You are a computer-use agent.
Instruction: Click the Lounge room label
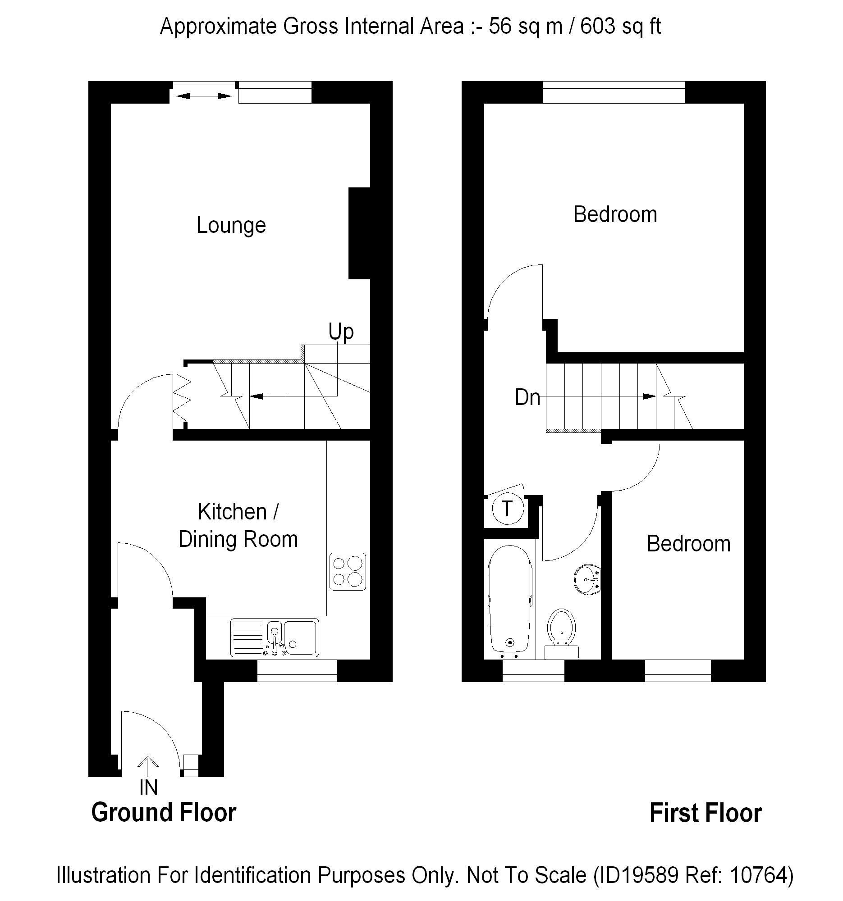[x=231, y=226]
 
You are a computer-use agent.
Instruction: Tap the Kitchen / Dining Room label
[x=238, y=525]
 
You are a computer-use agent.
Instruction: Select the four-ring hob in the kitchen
[x=348, y=572]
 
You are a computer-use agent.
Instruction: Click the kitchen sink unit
[x=275, y=637]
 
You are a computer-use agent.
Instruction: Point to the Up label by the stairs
[x=341, y=332]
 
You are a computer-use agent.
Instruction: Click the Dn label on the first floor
[x=527, y=397]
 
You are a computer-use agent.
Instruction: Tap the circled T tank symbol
[x=508, y=509]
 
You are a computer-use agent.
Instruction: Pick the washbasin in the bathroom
[x=587, y=580]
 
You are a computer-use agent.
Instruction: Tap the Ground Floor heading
[x=164, y=813]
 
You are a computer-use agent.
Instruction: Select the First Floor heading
[x=706, y=813]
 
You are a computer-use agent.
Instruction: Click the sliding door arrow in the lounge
[x=204, y=96]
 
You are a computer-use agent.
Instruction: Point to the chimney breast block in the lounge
[x=359, y=233]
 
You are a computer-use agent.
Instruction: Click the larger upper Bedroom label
[x=615, y=214]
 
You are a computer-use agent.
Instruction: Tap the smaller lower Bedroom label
[x=688, y=544]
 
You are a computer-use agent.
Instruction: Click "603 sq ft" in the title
[x=620, y=27]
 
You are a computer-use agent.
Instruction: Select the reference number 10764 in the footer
[x=758, y=875]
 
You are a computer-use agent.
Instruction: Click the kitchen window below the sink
[x=297, y=671]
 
